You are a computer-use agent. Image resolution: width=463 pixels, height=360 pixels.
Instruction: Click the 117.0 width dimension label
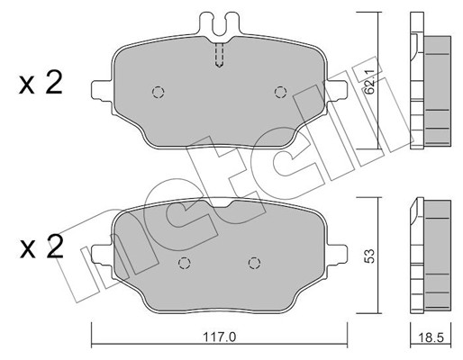pyautogui.click(x=220, y=337)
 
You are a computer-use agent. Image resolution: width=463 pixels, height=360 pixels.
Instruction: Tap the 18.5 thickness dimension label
pyautogui.click(x=431, y=337)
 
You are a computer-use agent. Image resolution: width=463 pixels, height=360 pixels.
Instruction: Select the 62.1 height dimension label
pyautogui.click(x=370, y=82)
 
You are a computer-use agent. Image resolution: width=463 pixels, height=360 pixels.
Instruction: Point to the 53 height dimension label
pyautogui.click(x=369, y=256)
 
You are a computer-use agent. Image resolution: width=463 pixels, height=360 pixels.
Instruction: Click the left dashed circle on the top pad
pyautogui.click(x=159, y=92)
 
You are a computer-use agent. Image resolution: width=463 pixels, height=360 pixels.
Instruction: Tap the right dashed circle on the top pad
pyautogui.click(x=280, y=92)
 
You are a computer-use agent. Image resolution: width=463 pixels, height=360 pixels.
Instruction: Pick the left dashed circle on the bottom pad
pyautogui.click(x=184, y=263)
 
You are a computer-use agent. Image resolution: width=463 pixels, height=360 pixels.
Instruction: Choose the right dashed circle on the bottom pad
pyautogui.click(x=254, y=263)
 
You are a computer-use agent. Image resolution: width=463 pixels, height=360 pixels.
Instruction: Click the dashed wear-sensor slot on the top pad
pyautogui.click(x=220, y=55)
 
